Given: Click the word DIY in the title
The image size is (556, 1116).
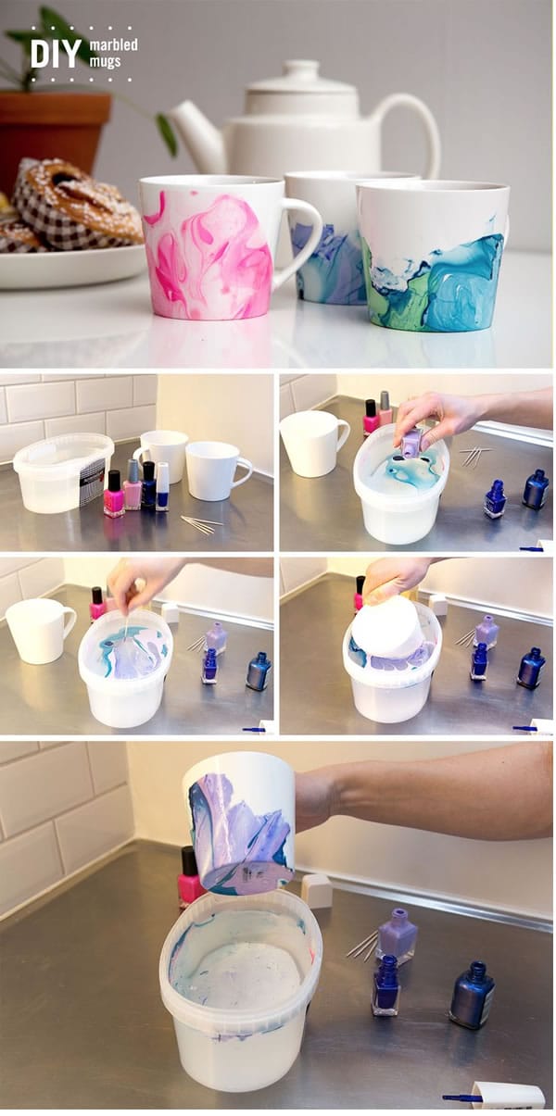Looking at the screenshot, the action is (x=56, y=54).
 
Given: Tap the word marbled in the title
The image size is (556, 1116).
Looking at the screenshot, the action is (x=113, y=44).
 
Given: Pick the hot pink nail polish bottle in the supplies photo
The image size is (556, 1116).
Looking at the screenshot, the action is (x=114, y=494).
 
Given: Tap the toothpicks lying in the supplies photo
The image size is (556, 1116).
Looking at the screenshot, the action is (x=201, y=524).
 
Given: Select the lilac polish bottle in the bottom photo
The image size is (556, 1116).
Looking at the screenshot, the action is (x=396, y=935).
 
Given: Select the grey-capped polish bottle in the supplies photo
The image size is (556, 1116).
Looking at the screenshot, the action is (x=133, y=484).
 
